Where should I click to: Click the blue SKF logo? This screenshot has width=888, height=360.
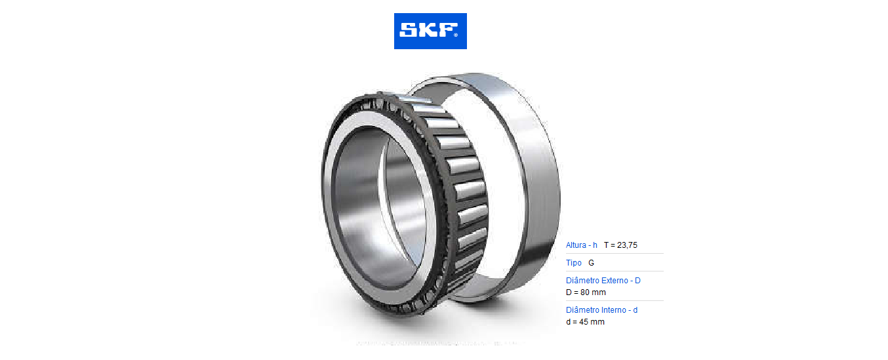(430, 31)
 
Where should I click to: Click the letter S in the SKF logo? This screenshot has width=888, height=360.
(407, 30)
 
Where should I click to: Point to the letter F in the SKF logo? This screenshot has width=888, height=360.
(447, 30)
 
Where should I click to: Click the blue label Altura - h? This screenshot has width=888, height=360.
(581, 245)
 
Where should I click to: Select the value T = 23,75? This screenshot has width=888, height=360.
(620, 245)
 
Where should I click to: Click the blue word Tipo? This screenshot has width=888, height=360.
(574, 263)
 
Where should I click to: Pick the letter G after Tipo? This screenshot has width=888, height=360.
(591, 263)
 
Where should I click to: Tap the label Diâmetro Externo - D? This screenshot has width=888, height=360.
(603, 280)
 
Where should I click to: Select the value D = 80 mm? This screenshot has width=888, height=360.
(586, 292)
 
